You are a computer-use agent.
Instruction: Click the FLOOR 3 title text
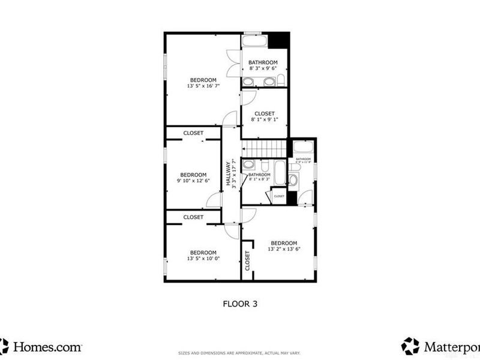coord(240,304)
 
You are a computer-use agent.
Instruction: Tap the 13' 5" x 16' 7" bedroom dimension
coord(203,86)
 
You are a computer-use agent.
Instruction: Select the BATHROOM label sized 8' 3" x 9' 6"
coord(263,62)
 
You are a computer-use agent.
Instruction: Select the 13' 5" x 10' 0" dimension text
coord(203,259)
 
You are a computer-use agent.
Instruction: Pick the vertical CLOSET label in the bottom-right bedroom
coord(247,259)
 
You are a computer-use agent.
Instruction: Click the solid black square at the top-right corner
coord(278,41)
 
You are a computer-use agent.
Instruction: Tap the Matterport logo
coord(441,346)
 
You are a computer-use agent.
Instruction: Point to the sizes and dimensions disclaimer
coord(239,352)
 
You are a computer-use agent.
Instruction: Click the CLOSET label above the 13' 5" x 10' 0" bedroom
coord(193,217)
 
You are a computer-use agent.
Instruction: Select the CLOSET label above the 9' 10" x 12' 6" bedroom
coord(193,133)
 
